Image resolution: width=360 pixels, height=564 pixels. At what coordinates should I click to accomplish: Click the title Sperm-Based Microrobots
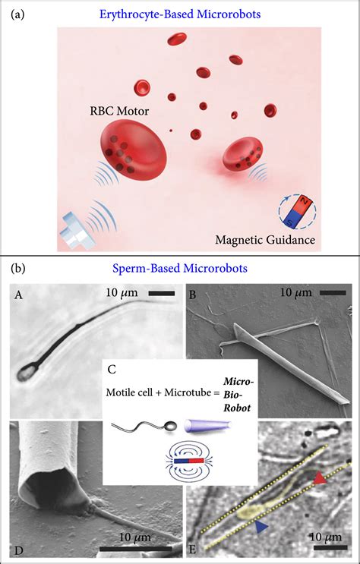coord(178,269)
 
